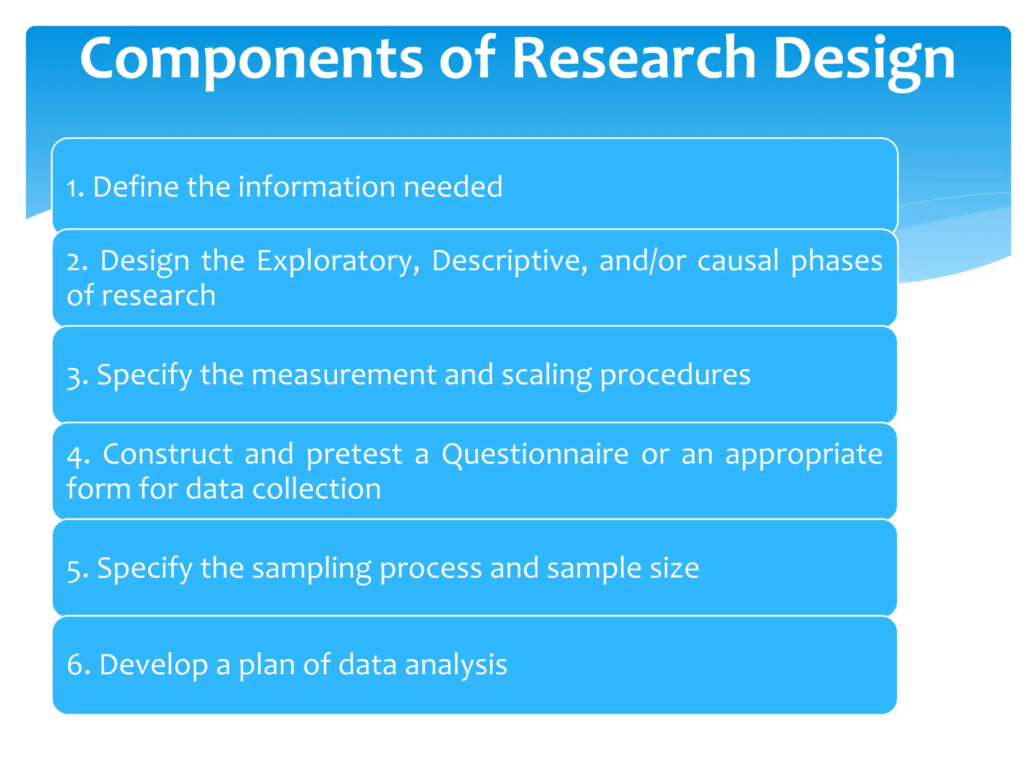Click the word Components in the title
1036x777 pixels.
coord(251,60)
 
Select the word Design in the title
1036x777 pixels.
coord(864,60)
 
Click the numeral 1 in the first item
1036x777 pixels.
coord(74,188)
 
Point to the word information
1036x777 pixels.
coord(317,187)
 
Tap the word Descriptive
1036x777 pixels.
coord(509,261)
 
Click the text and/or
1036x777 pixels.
coord(642,261)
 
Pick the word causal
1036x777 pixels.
coord(738,261)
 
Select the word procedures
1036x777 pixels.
coord(675,376)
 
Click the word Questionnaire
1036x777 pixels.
coord(535,454)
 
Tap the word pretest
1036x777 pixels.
coord(354,454)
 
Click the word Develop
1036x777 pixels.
coord(153,665)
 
